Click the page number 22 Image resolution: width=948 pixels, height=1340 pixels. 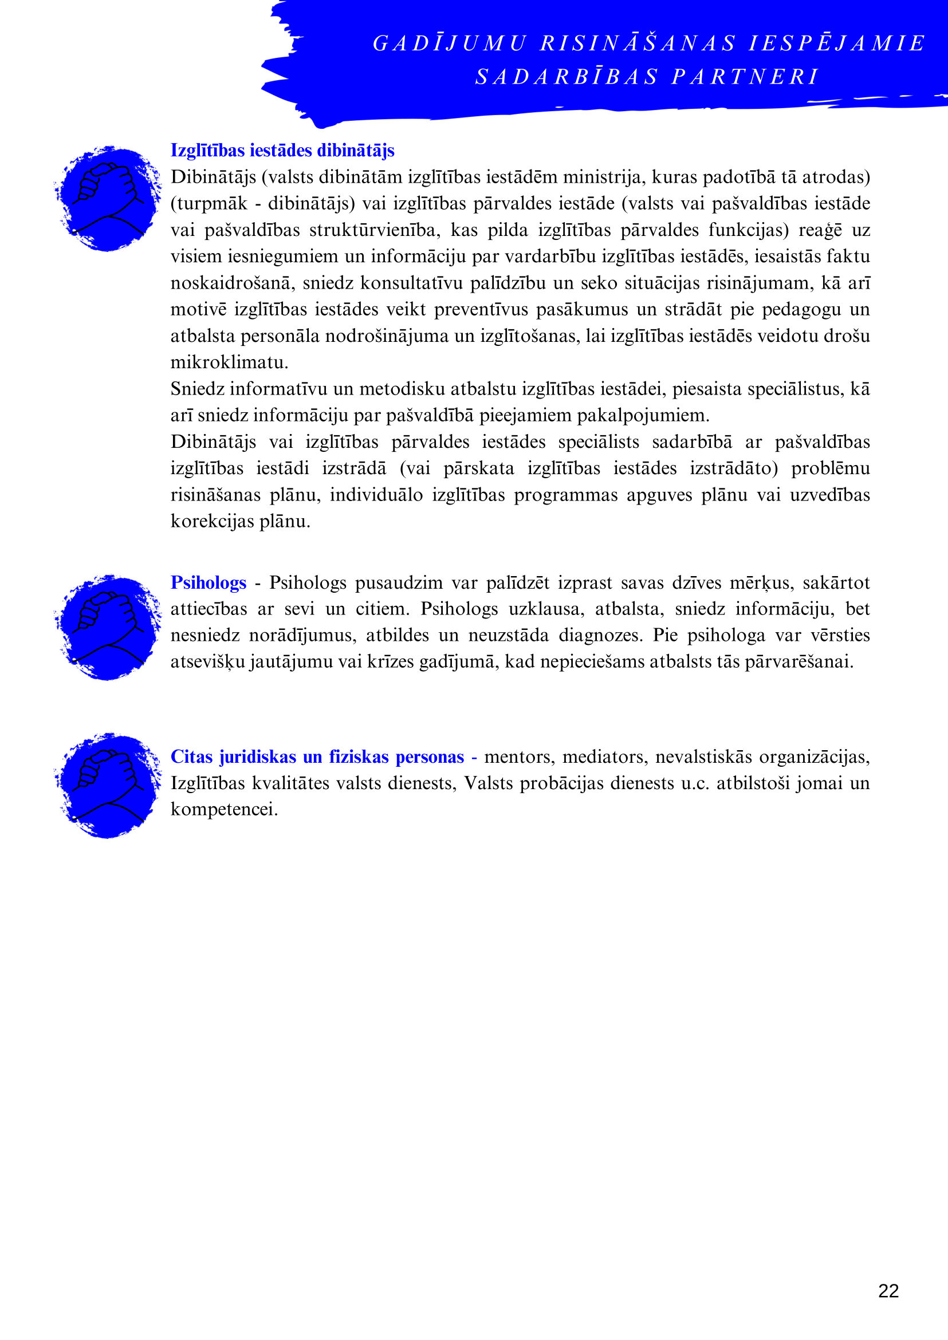click(x=888, y=1290)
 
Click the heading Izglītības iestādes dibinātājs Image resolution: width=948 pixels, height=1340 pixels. click(x=282, y=151)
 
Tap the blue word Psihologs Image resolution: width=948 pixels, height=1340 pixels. click(x=208, y=582)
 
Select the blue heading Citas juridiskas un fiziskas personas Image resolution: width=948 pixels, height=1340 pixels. click(x=316, y=756)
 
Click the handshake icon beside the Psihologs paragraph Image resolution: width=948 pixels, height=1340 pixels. click(x=108, y=628)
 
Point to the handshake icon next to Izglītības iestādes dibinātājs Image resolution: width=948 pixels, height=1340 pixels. click(x=108, y=199)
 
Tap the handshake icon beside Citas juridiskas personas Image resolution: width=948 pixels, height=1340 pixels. click(x=108, y=786)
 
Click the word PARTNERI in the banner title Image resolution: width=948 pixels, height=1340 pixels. click(x=745, y=77)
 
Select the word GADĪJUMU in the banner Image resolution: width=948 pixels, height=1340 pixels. click(x=450, y=43)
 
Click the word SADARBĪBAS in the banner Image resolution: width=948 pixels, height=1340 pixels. click(x=567, y=77)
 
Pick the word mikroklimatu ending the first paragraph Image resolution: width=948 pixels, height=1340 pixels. click(x=228, y=362)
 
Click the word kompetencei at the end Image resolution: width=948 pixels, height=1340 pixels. click(x=223, y=810)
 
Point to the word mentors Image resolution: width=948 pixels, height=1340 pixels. click(x=518, y=757)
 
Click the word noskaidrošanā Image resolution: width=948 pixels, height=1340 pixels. click(x=231, y=283)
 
